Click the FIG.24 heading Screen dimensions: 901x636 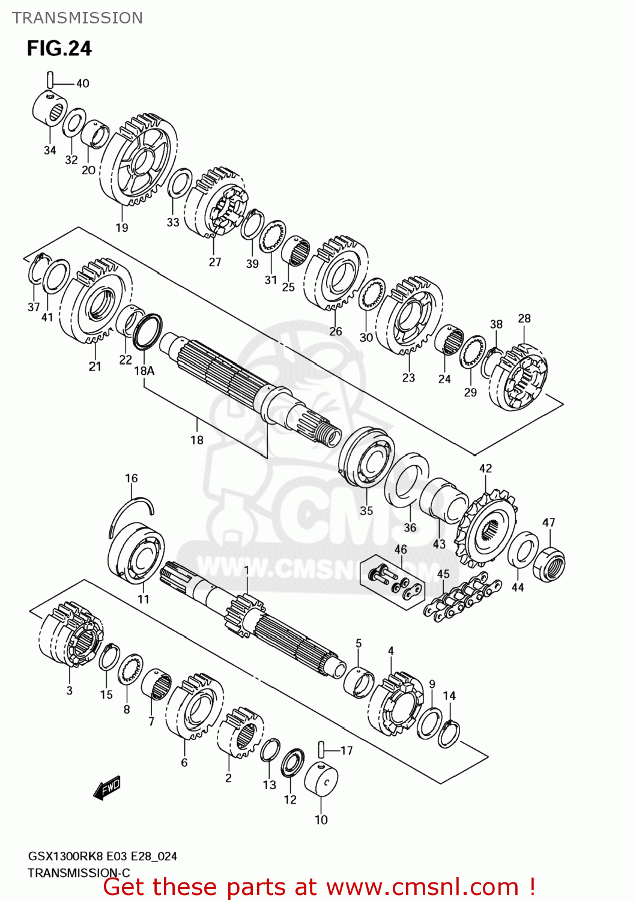(x=59, y=48)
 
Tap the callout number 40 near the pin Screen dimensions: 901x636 (x=82, y=83)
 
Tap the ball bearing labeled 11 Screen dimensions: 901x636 (x=137, y=553)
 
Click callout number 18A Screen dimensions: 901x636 (x=144, y=371)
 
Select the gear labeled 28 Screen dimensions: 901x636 (x=518, y=377)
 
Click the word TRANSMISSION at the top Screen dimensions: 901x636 (x=77, y=18)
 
